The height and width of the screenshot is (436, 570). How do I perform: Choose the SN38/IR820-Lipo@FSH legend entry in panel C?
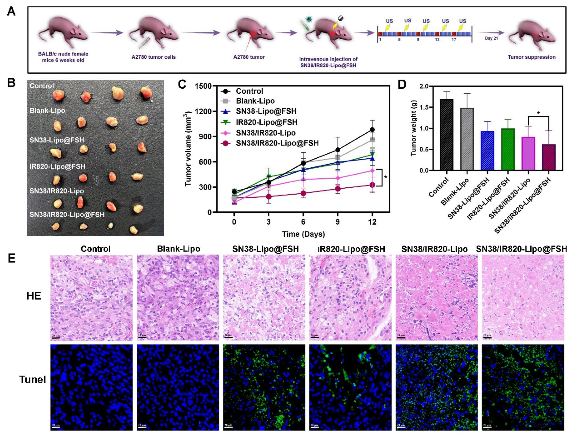(277, 143)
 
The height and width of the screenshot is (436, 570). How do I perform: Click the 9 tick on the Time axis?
(337, 222)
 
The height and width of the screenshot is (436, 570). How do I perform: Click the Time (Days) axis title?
(303, 234)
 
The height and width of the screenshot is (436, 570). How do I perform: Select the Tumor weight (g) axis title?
(413, 128)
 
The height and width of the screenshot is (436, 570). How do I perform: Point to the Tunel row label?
(33, 379)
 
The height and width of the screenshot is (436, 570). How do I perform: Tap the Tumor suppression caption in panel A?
(531, 57)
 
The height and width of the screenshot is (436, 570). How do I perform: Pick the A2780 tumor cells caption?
(153, 57)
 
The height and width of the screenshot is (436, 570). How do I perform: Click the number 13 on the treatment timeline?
(437, 40)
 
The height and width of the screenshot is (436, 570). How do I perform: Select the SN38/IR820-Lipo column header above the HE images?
(434, 249)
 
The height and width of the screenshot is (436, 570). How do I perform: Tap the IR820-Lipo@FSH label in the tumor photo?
(57, 166)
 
